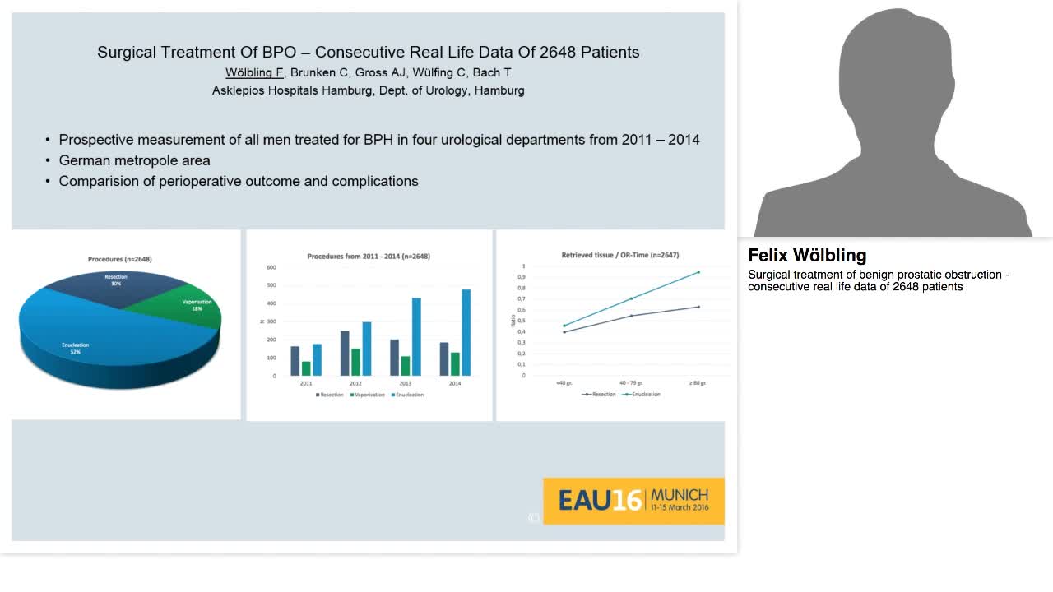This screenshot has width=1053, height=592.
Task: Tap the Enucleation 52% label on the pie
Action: pyautogui.click(x=75, y=348)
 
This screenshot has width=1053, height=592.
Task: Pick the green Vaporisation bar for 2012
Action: pyautogui.click(x=355, y=362)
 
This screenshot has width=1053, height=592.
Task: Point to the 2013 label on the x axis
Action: pyautogui.click(x=405, y=383)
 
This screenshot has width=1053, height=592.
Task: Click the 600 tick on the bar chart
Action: pyautogui.click(x=271, y=267)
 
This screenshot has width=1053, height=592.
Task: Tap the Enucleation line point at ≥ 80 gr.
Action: pyautogui.click(x=698, y=272)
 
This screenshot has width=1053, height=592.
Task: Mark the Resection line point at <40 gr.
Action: pyautogui.click(x=564, y=332)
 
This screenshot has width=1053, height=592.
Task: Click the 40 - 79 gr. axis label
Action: pyautogui.click(x=631, y=383)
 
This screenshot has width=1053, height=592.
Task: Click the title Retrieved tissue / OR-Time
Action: pyautogui.click(x=619, y=256)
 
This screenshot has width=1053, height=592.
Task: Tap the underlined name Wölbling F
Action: pyautogui.click(x=254, y=72)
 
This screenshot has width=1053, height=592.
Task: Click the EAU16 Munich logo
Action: pyautogui.click(x=633, y=500)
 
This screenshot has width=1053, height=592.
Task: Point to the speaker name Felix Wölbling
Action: pyautogui.click(x=807, y=256)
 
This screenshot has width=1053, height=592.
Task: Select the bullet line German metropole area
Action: pyautogui.click(x=134, y=160)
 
